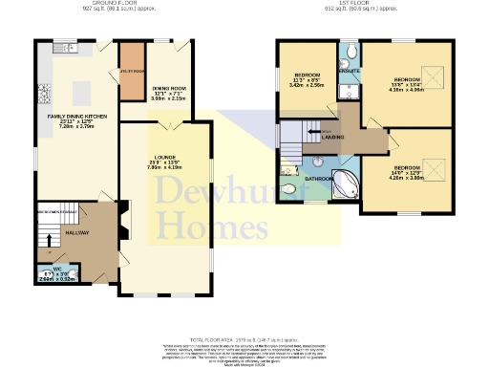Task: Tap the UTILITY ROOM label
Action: pyautogui.click(x=131, y=72)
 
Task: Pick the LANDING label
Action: pyautogui.click(x=334, y=138)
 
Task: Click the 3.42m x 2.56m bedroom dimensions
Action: pyautogui.click(x=307, y=85)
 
